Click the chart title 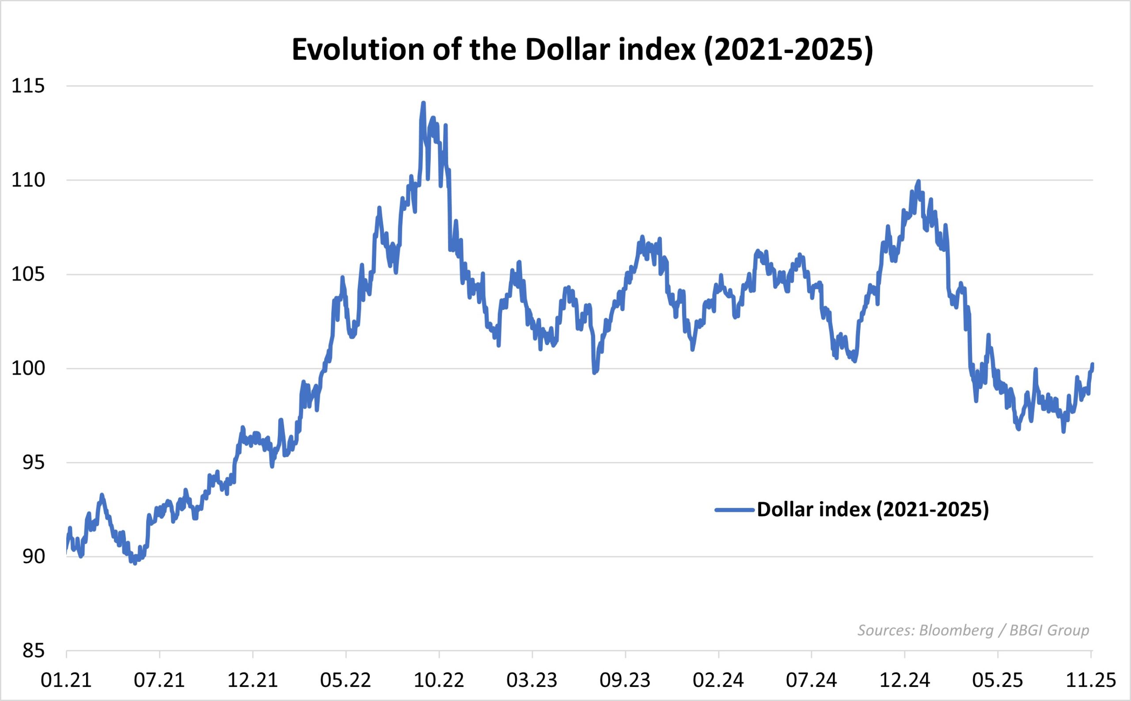582,50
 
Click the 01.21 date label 66,681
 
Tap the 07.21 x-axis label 159,681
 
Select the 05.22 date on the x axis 345,681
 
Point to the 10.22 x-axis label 439,681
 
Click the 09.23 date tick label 625,681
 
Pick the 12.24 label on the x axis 904,681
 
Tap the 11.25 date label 1091,681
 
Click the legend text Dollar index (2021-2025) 873,510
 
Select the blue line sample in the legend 735,510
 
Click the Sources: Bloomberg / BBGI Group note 973,631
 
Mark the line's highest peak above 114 423,103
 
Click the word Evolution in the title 358,50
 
